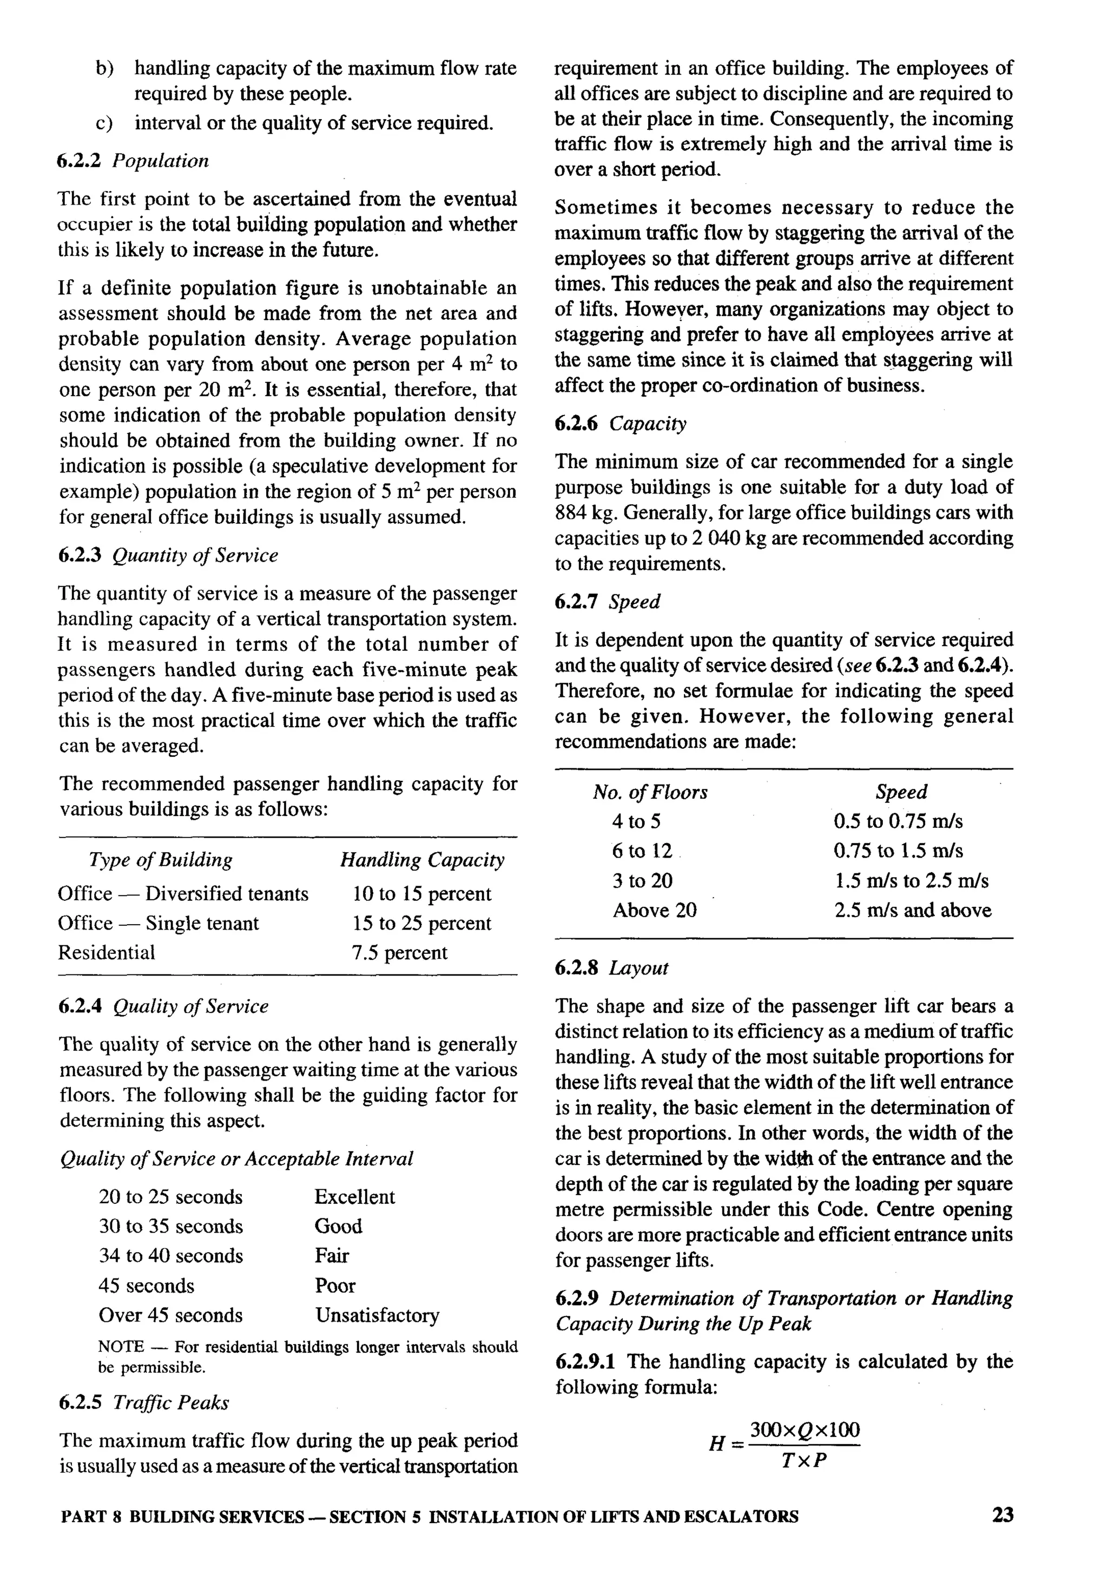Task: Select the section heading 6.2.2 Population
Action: pyautogui.click(x=133, y=161)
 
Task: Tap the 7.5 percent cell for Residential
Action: pyautogui.click(x=399, y=952)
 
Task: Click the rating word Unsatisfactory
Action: pyautogui.click(x=377, y=1315)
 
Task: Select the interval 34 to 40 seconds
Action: pyautogui.click(x=171, y=1255)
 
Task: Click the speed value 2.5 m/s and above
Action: pyautogui.click(x=912, y=910)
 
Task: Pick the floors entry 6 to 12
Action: pyautogui.click(x=642, y=851)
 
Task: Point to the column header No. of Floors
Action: pyautogui.click(x=650, y=792)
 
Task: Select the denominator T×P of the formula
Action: pyautogui.click(x=804, y=1461)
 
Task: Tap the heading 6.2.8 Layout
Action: pyautogui.click(x=611, y=968)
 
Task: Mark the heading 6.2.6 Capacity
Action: pyautogui.click(x=620, y=424)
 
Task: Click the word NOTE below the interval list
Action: pyautogui.click(x=121, y=1347)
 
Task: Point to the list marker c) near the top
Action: pyautogui.click(x=104, y=123)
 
